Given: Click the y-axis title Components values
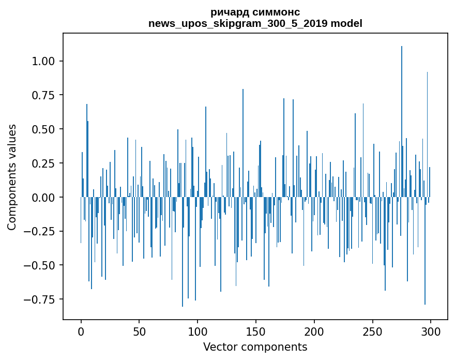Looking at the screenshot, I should pos(12,177).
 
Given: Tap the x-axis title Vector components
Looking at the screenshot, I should pos(255,347).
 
